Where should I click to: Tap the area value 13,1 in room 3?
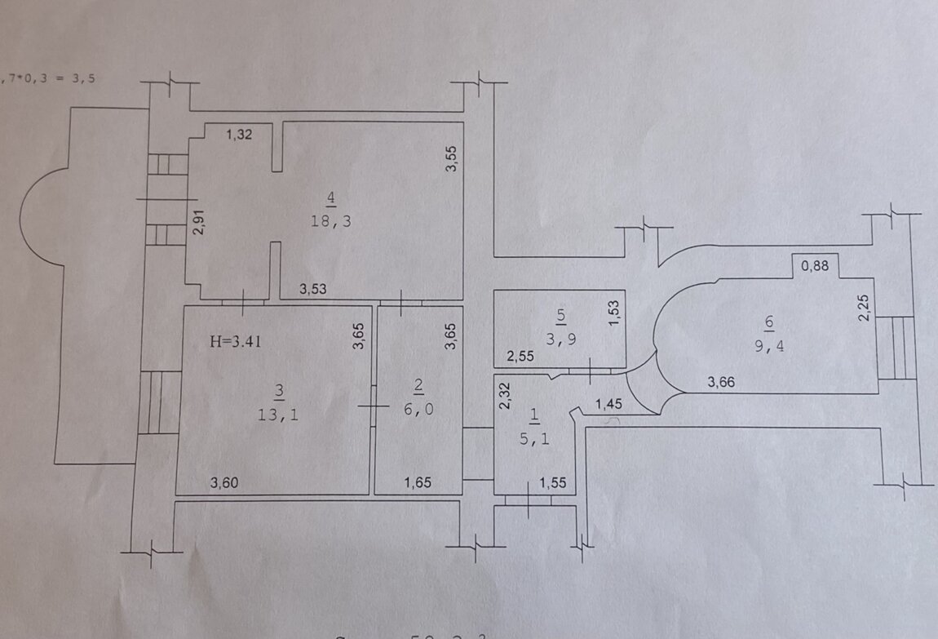(279, 415)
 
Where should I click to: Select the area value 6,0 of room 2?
(418, 410)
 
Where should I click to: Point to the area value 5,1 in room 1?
(534, 438)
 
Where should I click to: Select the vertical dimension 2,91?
(197, 223)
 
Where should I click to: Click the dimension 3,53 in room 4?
(314, 287)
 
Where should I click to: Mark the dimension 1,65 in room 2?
(420, 483)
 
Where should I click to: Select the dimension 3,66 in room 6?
(723, 381)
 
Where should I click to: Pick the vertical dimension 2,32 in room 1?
(505, 396)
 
